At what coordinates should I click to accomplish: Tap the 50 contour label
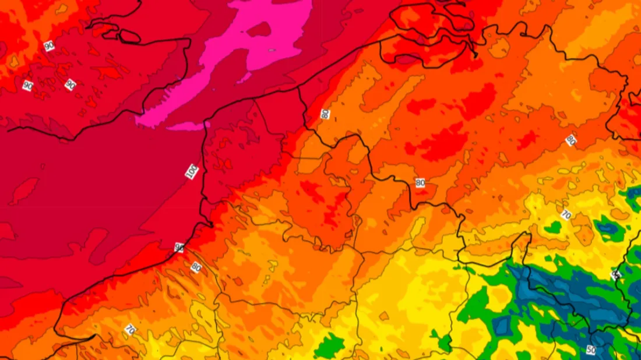[x=591, y=350]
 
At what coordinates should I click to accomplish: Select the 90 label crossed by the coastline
[x=179, y=248]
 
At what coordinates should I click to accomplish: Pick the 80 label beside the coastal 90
[x=196, y=267]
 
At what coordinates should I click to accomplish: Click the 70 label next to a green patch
[x=565, y=214]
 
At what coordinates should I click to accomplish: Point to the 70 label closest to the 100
[x=130, y=330]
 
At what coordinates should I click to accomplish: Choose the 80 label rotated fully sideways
[x=325, y=114]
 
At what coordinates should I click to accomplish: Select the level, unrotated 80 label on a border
[x=420, y=183]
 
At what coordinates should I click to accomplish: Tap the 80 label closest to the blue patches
[x=570, y=140]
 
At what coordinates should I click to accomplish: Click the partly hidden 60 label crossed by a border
[x=615, y=274]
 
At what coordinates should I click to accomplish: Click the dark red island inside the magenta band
[x=259, y=29]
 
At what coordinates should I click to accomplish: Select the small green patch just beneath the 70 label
[x=553, y=228]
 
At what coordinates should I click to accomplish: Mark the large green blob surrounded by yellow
[x=329, y=347]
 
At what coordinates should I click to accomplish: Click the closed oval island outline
[x=129, y=36]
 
